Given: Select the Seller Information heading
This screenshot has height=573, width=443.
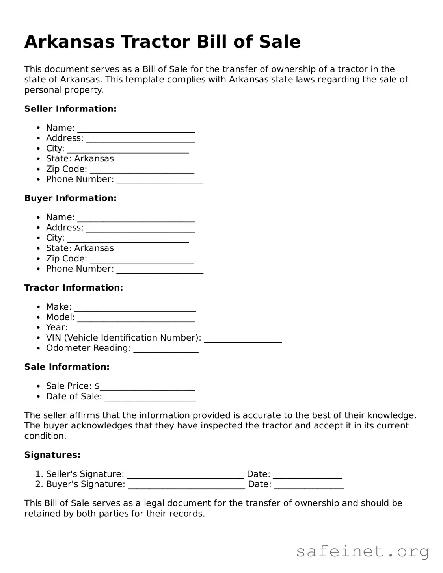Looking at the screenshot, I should click(x=70, y=109).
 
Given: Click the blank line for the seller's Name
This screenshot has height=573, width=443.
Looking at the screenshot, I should click(x=136, y=129).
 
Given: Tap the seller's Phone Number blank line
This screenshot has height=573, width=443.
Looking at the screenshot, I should click(x=160, y=180).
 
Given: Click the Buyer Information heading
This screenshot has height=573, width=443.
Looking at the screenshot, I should click(x=70, y=198).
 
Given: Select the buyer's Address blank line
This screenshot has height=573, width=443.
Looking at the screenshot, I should click(x=140, y=228).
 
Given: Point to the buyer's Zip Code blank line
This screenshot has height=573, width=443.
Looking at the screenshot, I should click(x=142, y=260).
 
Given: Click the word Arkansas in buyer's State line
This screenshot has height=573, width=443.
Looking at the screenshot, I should click(x=94, y=248).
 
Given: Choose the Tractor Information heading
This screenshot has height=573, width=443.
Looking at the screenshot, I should click(x=74, y=288).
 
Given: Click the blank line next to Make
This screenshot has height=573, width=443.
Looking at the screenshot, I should click(x=135, y=308).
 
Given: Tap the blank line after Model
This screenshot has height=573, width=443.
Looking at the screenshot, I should click(x=136, y=318).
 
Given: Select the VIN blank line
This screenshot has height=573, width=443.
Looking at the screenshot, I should click(x=243, y=339).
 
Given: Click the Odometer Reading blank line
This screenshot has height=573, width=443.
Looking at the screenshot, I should click(x=166, y=349).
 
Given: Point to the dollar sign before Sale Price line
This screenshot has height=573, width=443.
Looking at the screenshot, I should click(x=97, y=386).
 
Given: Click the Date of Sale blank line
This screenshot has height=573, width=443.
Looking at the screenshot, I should click(x=150, y=397).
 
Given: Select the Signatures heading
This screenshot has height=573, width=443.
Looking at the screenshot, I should click(x=52, y=455).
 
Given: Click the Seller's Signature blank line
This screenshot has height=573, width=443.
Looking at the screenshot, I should click(x=185, y=475).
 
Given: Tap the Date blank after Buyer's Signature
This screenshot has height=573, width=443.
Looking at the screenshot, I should click(x=309, y=485).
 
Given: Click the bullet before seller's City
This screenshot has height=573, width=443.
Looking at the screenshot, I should click(x=38, y=148).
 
